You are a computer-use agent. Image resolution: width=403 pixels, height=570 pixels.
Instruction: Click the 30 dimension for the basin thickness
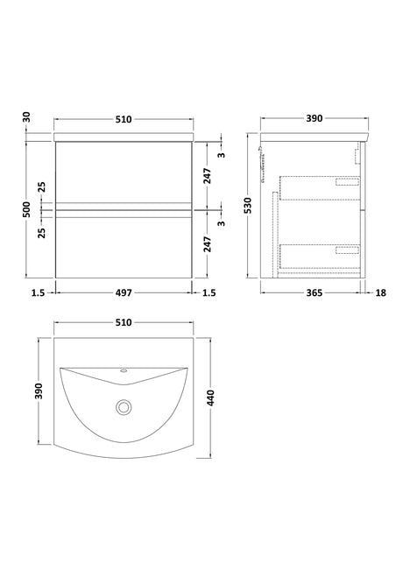27,118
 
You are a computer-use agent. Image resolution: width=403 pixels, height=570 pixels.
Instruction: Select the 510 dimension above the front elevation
124,119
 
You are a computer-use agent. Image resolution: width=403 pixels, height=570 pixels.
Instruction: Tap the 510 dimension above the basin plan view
124,322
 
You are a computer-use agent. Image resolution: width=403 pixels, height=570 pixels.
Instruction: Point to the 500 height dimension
27,209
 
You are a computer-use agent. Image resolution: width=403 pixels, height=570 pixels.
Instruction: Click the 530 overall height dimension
248,206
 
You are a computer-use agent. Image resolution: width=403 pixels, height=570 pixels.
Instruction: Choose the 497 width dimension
124,292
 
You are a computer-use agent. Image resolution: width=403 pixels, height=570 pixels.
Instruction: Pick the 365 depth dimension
314,292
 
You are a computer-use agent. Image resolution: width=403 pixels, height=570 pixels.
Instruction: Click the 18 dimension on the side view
380,292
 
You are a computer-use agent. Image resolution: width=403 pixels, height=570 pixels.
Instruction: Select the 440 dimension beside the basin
211,398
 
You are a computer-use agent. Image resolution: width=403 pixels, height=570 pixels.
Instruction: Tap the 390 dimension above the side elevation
314,118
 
